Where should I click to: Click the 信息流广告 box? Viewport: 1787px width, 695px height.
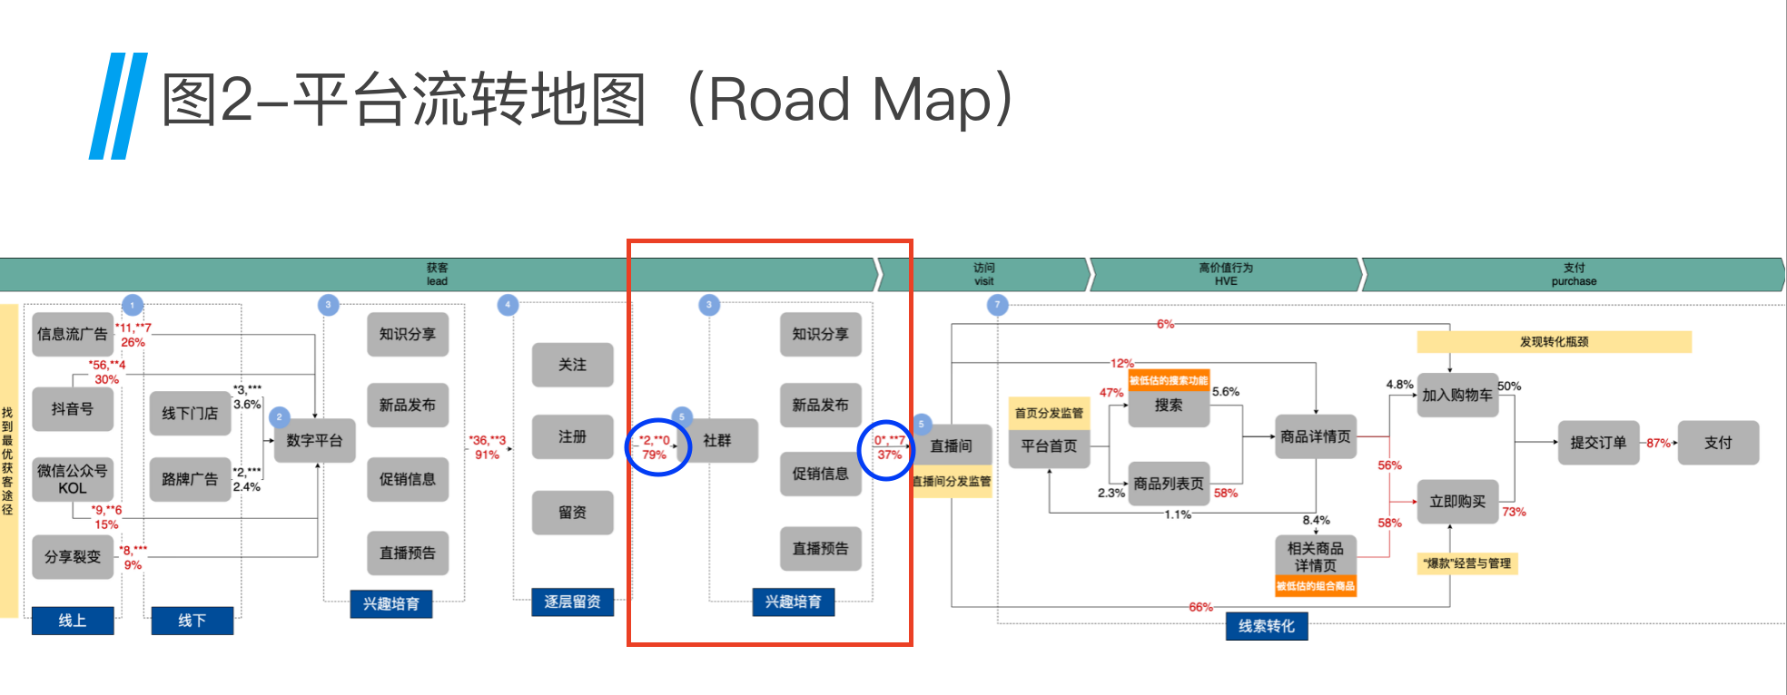pos(73,334)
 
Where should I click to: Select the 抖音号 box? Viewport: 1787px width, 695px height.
pos(73,409)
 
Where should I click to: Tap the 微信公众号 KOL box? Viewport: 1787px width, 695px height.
pos(73,479)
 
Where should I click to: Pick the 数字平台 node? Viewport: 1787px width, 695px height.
pos(314,440)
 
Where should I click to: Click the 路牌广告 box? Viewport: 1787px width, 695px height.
pos(190,478)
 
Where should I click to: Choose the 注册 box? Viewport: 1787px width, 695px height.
pos(572,436)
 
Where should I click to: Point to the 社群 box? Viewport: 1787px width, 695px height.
pos(717,440)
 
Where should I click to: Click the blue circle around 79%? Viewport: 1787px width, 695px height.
pos(658,447)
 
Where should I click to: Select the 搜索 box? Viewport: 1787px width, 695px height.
pos(1169,406)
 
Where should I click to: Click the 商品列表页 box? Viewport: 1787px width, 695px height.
pos(1169,484)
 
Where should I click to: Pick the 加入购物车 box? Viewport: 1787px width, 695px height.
pos(1457,395)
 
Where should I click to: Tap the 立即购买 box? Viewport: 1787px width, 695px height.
pos(1457,501)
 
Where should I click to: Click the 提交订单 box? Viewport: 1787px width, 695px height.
pos(1598,443)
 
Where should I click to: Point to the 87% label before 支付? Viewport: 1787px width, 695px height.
pos(1658,443)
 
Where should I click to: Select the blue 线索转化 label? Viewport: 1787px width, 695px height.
pos(1267,626)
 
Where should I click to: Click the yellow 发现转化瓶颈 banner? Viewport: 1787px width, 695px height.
pos(1554,342)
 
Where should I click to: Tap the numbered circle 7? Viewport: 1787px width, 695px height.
pos(997,305)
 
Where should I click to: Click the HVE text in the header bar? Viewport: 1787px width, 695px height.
pos(1226,281)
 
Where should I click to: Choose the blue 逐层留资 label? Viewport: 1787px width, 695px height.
pos(572,602)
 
